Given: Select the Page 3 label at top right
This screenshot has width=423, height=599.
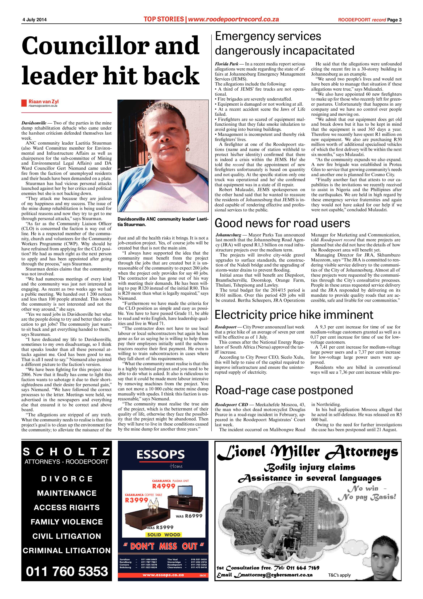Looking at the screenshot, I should point(394,20).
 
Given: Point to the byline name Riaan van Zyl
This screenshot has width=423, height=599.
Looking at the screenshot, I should point(44,101).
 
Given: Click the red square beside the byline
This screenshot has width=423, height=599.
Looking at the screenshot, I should point(24,103).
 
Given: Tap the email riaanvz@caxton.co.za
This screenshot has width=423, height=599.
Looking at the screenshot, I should point(43,106).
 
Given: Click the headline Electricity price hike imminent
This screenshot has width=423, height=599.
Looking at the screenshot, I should point(294,315).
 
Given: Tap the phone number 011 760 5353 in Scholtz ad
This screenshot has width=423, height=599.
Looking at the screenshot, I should point(67,571).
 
